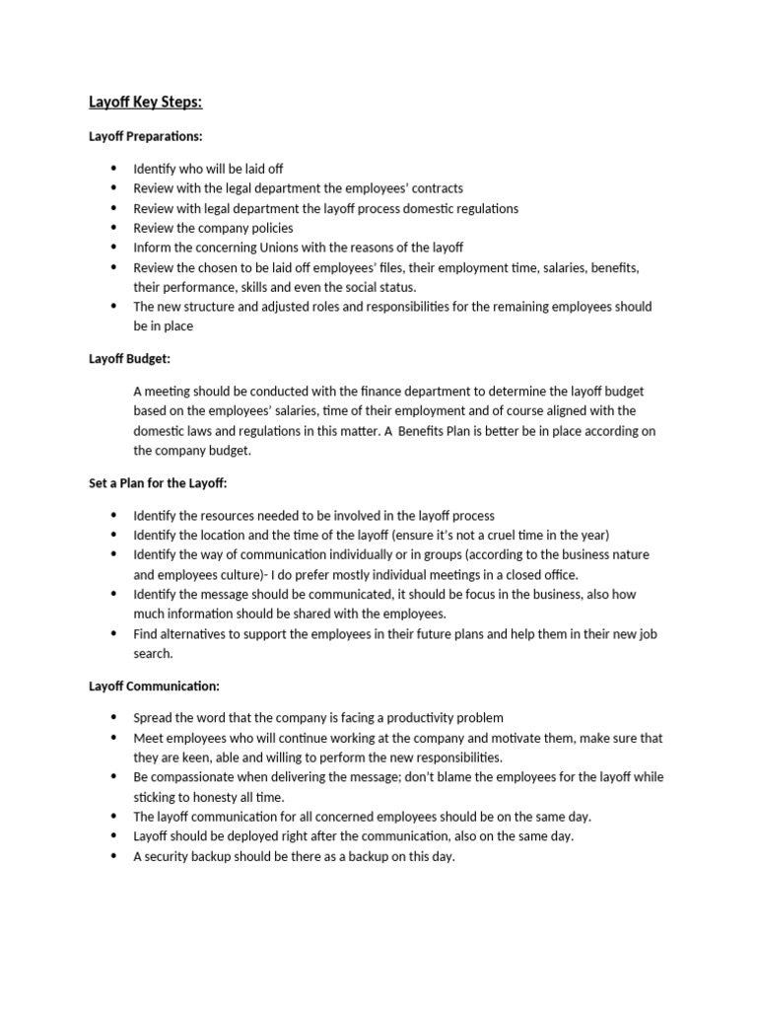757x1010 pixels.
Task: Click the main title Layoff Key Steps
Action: tap(146, 103)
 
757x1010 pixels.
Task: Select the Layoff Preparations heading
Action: tap(146, 136)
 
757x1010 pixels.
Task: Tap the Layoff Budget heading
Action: tap(130, 359)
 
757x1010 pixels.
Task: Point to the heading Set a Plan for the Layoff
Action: tap(158, 482)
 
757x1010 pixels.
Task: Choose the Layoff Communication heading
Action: tap(154, 685)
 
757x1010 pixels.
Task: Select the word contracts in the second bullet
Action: tap(433, 188)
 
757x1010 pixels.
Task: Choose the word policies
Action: tap(265, 228)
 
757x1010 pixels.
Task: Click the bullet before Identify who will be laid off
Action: tap(113, 169)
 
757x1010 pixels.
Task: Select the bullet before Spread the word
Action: tap(113, 718)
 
